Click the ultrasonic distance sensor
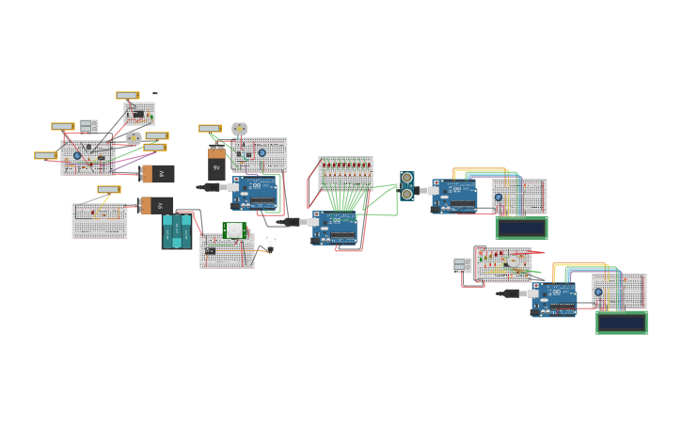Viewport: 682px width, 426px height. pyautogui.click(x=406, y=185)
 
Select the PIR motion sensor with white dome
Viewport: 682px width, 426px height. pyautogui.click(x=234, y=229)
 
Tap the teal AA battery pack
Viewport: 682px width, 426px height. pyautogui.click(x=176, y=231)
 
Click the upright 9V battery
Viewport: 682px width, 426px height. pyautogui.click(x=216, y=164)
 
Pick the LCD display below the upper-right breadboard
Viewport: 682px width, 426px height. pyautogui.click(x=521, y=228)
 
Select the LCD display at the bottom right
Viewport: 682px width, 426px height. pyautogui.click(x=621, y=323)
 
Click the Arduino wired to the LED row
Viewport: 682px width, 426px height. pyautogui.click(x=336, y=228)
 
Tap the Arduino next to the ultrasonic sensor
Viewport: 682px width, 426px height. pyautogui.click(x=455, y=196)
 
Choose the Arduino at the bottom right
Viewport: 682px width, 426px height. pyautogui.click(x=554, y=299)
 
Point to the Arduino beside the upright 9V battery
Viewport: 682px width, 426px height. pyautogui.click(x=256, y=192)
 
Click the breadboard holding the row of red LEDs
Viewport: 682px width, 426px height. pyautogui.click(x=345, y=173)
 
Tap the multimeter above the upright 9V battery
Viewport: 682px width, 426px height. pyautogui.click(x=209, y=128)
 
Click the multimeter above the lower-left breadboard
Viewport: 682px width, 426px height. pyautogui.click(x=108, y=189)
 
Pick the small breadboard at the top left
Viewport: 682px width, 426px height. pyautogui.click(x=139, y=114)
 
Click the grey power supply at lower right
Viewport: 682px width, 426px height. pyautogui.click(x=461, y=265)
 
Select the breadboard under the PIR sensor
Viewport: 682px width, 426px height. pyautogui.click(x=227, y=253)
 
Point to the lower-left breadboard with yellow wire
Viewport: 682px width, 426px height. pyautogui.click(x=100, y=221)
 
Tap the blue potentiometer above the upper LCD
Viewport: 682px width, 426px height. pyautogui.click(x=499, y=197)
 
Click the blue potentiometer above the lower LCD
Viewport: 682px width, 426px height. pyautogui.click(x=598, y=292)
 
